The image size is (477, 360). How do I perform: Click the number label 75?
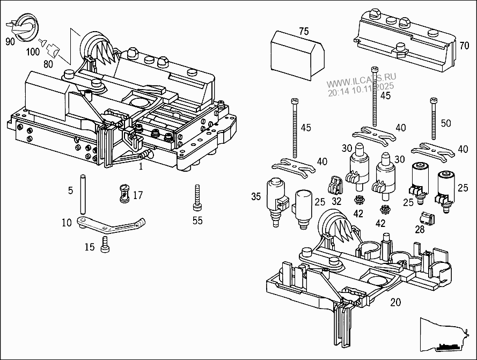(304, 32)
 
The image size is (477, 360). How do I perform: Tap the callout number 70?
(464, 46)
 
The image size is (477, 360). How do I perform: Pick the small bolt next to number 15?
(106, 244)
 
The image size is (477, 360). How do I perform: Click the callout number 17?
(138, 196)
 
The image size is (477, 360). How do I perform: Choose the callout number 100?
(33, 52)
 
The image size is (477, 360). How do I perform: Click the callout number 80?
(48, 65)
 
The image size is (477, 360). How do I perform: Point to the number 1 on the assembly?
(140, 167)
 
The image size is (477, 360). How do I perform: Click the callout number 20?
(395, 302)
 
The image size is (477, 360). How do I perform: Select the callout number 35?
(256, 197)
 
